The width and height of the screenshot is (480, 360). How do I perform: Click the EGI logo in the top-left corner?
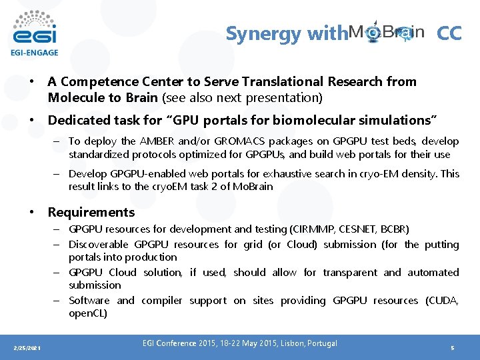pos(35,27)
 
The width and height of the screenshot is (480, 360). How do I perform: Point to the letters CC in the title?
pos(449,33)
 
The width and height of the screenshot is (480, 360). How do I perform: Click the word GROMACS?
pos(235,141)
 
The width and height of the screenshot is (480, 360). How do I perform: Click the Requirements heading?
pos(91,213)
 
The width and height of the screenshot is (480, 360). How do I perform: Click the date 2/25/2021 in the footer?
pos(27,348)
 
